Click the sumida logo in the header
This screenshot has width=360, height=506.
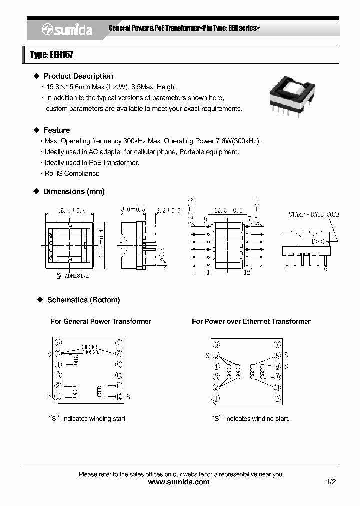click(x=67, y=30)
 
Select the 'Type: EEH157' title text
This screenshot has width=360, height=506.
click(x=52, y=55)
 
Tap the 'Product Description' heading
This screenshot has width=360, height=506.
click(x=78, y=76)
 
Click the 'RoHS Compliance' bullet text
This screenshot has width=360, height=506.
click(x=72, y=173)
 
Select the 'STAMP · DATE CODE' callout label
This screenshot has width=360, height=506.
click(x=313, y=215)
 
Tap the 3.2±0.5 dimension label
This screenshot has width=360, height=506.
click(x=169, y=211)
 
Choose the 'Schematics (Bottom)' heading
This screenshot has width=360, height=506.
click(x=83, y=300)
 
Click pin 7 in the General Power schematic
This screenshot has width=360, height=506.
click(x=119, y=343)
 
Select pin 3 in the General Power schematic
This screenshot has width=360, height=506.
click(x=58, y=374)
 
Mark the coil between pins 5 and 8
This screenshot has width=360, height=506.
click(x=91, y=351)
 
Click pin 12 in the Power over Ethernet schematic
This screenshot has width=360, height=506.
click(x=277, y=398)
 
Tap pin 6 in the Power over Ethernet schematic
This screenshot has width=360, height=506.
click(x=216, y=344)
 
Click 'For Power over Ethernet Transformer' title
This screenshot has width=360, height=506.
click(x=251, y=321)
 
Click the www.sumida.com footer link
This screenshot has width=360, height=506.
click(x=179, y=482)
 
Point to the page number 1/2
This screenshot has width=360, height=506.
click(x=331, y=482)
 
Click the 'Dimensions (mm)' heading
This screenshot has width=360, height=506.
click(x=74, y=192)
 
